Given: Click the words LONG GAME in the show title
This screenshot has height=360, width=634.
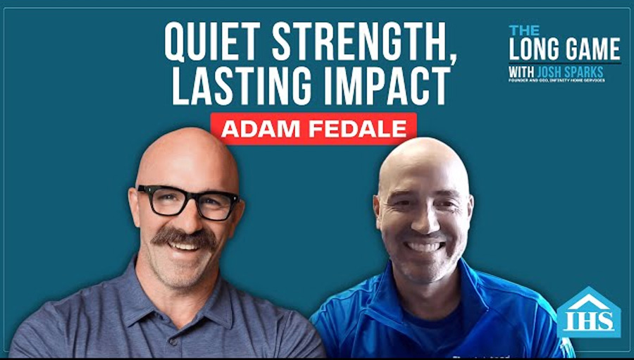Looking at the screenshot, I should [x=564, y=49].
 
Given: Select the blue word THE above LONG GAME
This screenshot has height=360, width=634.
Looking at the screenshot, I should [x=525, y=30].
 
